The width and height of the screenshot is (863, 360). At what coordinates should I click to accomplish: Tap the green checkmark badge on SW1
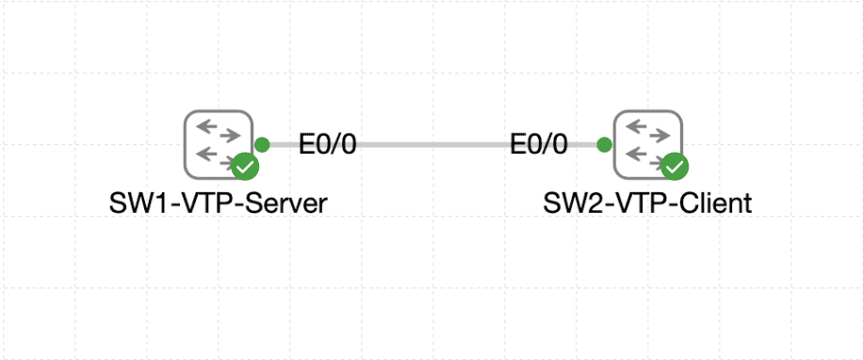pyautogui.click(x=245, y=168)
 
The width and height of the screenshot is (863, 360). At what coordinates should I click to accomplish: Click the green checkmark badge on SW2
pyautogui.click(x=675, y=168)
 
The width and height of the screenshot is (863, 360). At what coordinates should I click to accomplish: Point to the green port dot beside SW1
pyautogui.click(x=262, y=144)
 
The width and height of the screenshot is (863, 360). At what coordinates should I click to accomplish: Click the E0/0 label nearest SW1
pyautogui.click(x=328, y=145)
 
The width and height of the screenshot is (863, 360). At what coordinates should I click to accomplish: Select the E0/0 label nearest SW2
pyautogui.click(x=539, y=145)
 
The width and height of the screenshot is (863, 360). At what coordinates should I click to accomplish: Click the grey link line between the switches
pyautogui.click(x=433, y=144)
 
